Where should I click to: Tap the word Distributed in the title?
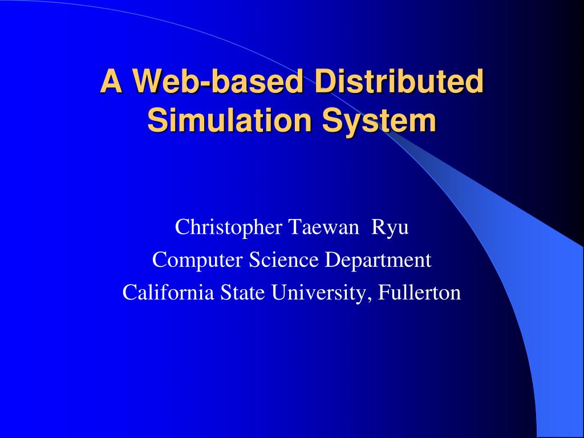399,82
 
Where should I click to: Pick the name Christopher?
228,228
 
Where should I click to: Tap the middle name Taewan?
323,228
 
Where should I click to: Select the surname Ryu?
391,228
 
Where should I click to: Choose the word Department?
378,260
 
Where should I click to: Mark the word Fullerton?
420,293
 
